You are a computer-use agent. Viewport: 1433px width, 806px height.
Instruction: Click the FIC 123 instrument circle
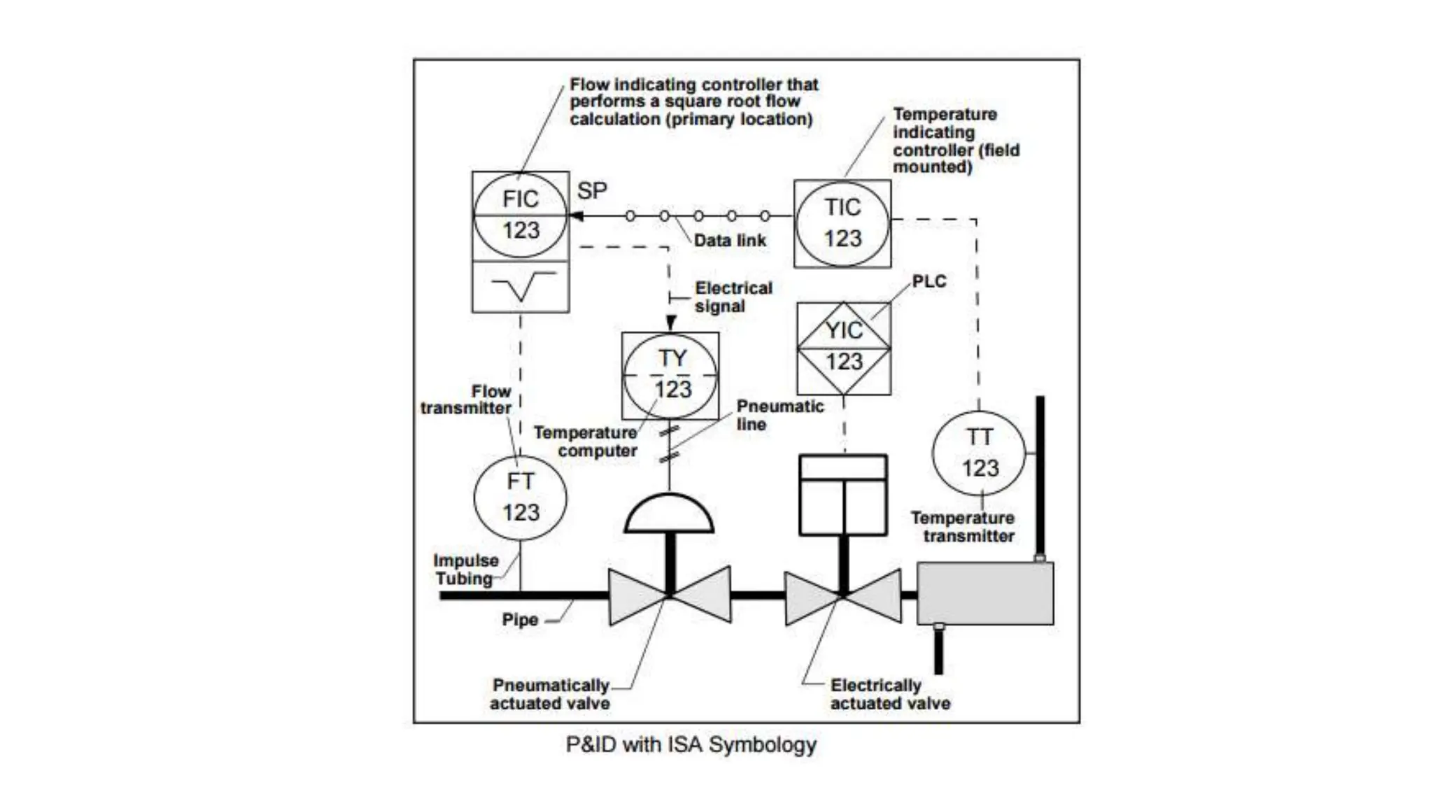520,215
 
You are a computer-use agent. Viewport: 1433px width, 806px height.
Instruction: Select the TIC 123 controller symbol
842,223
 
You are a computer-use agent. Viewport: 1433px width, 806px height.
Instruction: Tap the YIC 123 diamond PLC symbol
844,347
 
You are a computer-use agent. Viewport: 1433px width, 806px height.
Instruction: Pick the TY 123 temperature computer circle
670,375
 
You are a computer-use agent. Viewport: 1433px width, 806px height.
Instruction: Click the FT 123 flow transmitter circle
520,497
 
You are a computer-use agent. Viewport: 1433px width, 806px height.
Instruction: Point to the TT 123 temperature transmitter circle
979,453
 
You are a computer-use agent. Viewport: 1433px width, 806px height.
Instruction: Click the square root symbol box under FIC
521,287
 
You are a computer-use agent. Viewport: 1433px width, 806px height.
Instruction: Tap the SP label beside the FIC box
592,190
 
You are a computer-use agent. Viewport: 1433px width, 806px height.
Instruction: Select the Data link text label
730,241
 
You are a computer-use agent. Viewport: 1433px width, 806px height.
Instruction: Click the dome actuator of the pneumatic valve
669,515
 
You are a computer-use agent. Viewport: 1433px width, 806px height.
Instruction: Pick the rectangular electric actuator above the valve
843,495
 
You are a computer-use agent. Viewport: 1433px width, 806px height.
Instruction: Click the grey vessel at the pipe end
985,593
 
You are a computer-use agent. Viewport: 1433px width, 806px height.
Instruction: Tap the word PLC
929,281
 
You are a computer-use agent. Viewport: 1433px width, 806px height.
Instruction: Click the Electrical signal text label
733,297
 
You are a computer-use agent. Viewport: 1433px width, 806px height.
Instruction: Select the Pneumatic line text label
779,415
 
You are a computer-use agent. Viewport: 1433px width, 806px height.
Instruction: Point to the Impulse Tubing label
465,570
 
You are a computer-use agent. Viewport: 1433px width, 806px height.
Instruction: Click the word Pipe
520,620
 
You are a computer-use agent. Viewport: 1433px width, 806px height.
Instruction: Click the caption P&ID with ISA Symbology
691,744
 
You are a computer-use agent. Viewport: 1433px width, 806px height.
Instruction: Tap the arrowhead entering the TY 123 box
670,323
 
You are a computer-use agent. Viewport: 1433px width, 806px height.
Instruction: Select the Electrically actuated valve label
889,694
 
